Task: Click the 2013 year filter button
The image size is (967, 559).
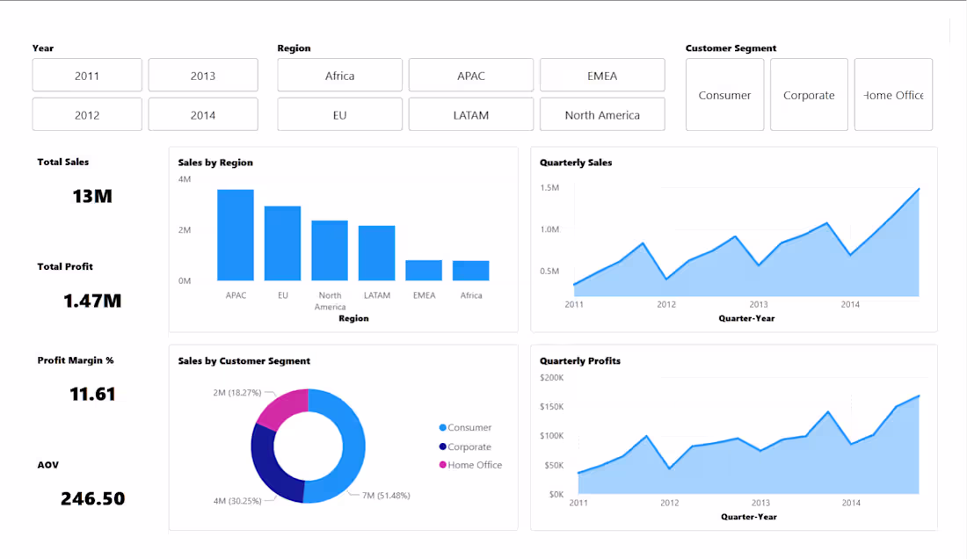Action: [203, 76]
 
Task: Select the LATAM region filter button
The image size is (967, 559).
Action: [471, 115]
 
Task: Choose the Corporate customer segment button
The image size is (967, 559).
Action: [809, 95]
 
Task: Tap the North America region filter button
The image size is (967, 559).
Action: [602, 115]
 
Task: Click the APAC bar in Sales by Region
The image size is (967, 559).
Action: [236, 236]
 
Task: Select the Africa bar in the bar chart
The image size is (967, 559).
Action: [471, 271]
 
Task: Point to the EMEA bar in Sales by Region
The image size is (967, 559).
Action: [424, 271]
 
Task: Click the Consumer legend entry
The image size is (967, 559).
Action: [469, 428]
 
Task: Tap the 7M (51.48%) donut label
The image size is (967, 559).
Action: [386, 496]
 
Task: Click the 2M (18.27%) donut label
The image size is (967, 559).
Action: [236, 392]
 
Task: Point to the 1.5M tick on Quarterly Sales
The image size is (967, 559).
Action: [549, 188]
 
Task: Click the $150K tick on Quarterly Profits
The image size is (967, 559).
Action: [551, 407]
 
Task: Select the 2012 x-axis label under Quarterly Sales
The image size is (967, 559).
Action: [666, 305]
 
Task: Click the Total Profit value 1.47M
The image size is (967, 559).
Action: [92, 301]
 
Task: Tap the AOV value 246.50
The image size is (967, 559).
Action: [92, 499]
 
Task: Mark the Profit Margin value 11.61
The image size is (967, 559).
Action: [92, 395]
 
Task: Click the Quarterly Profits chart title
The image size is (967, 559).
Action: [580, 361]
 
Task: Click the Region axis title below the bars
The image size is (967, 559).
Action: [353, 318]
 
